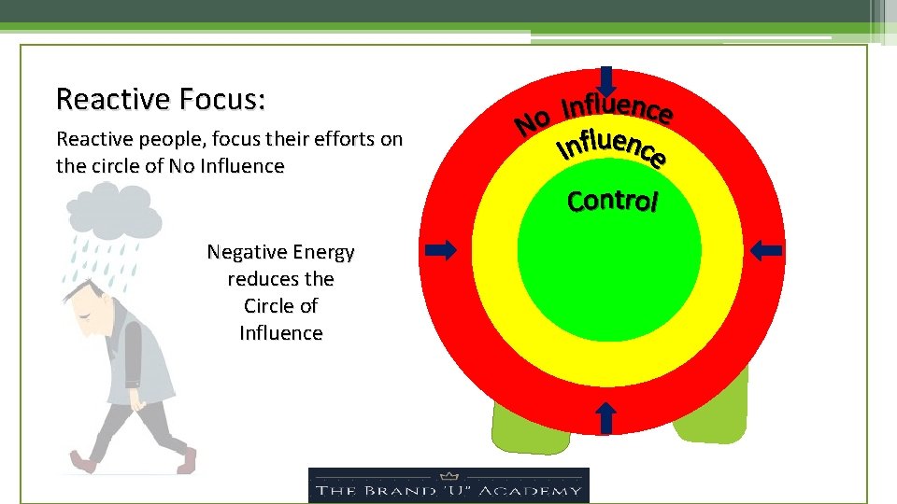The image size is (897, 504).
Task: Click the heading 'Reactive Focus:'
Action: (161, 99)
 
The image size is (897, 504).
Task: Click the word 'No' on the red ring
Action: (534, 122)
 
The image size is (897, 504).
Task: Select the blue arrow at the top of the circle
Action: (606, 82)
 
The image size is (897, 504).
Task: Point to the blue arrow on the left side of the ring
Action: (441, 249)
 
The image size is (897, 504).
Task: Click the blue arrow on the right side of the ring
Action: (768, 249)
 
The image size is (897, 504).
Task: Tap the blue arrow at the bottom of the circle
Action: (605, 416)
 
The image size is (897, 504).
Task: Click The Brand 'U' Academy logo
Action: (448, 485)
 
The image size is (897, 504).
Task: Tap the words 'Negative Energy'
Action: (280, 252)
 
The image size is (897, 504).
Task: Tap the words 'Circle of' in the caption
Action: (280, 306)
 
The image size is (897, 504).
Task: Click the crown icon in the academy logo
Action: (449, 474)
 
